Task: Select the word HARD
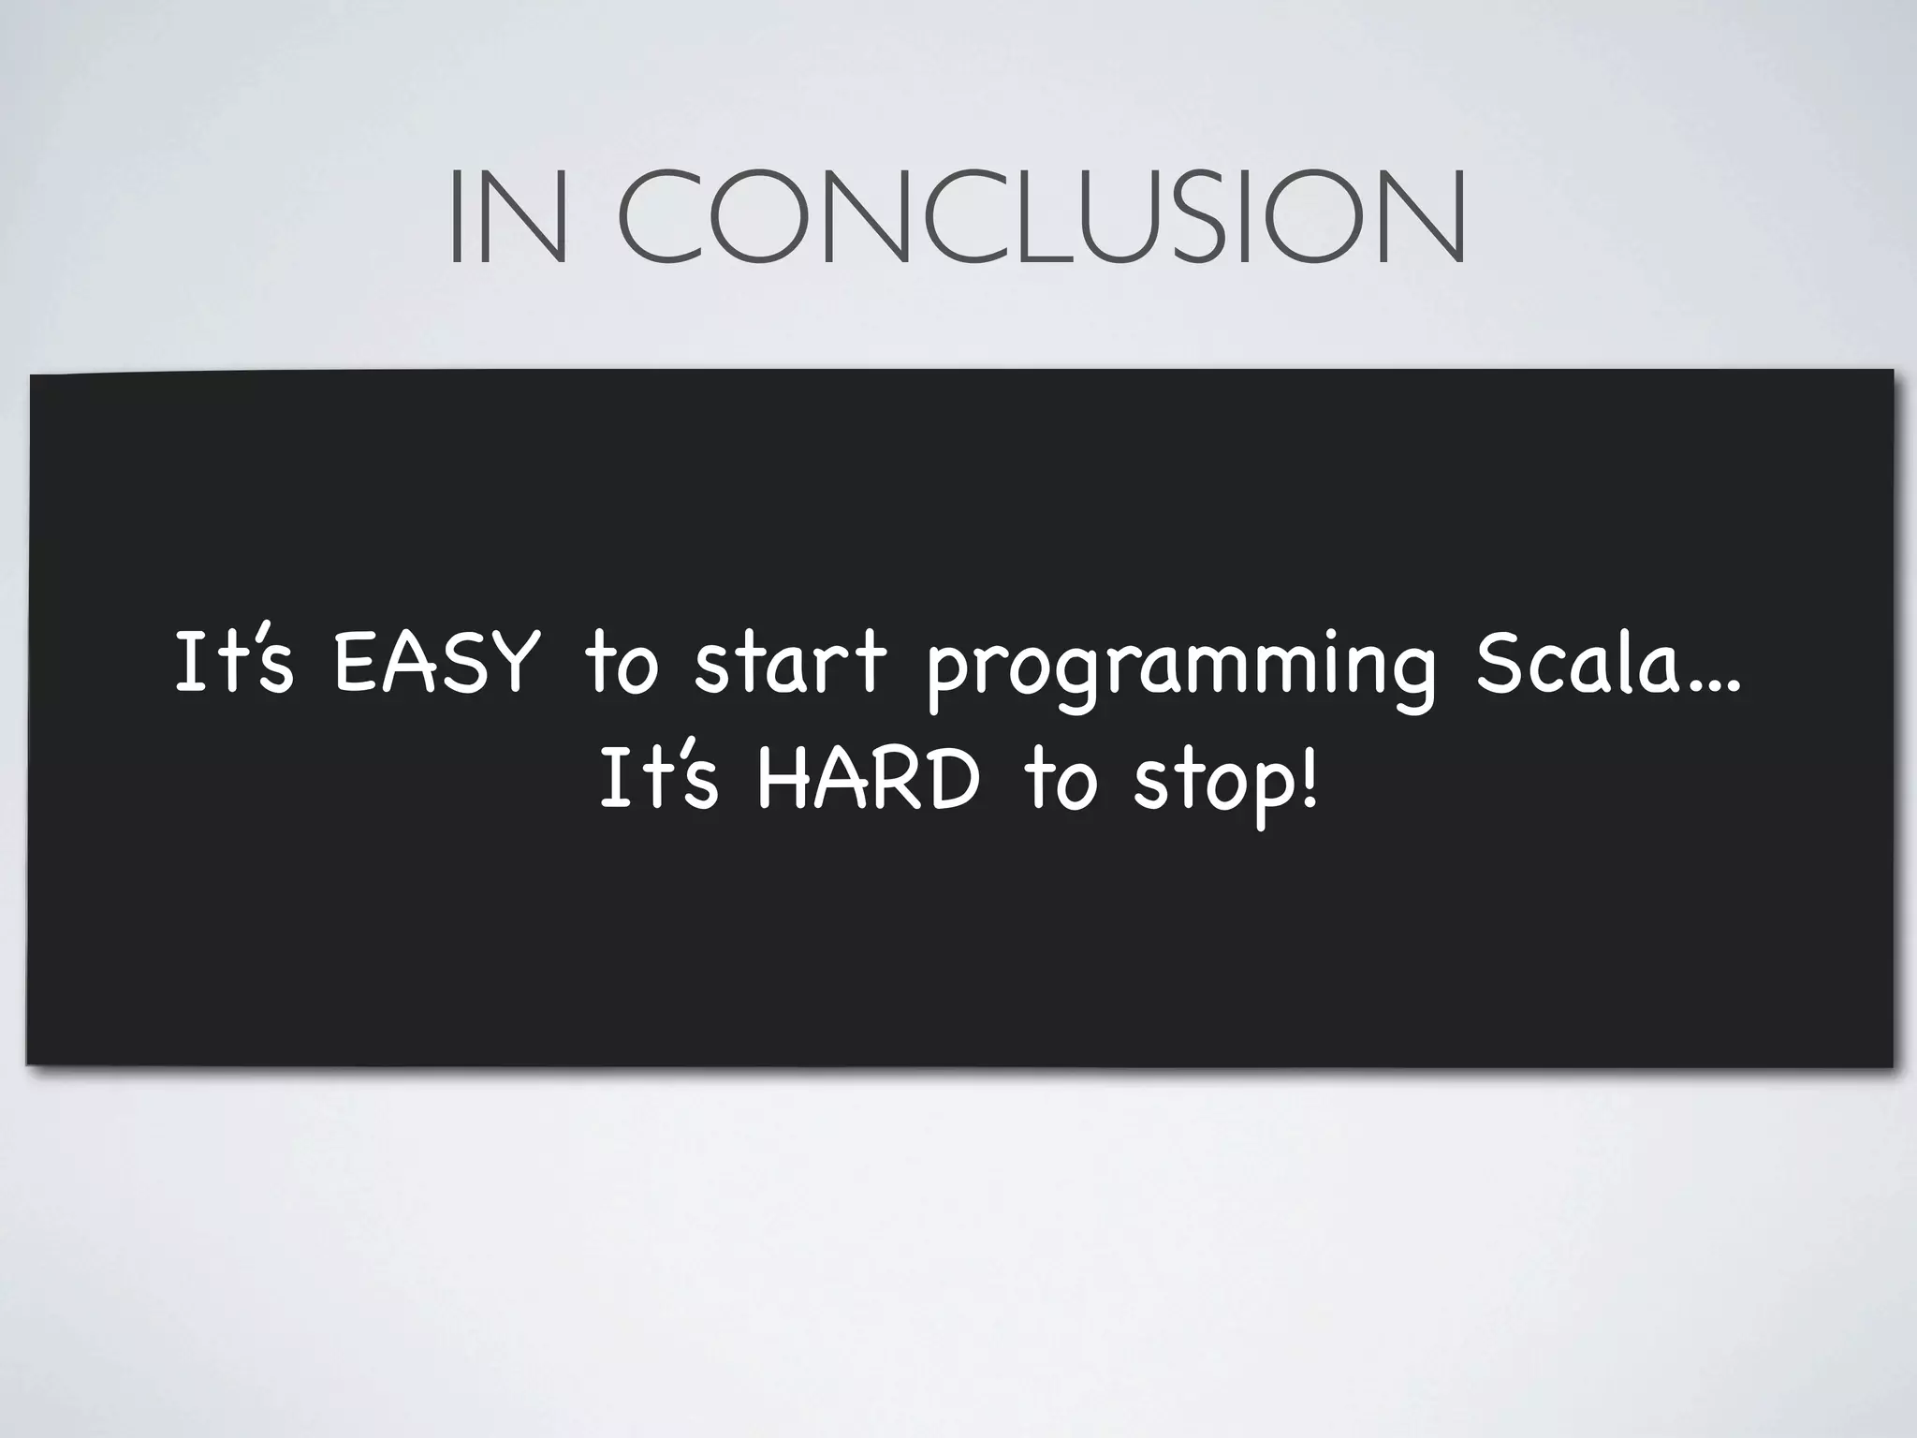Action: (867, 781)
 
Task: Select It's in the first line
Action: (234, 662)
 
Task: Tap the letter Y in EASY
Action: (514, 662)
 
